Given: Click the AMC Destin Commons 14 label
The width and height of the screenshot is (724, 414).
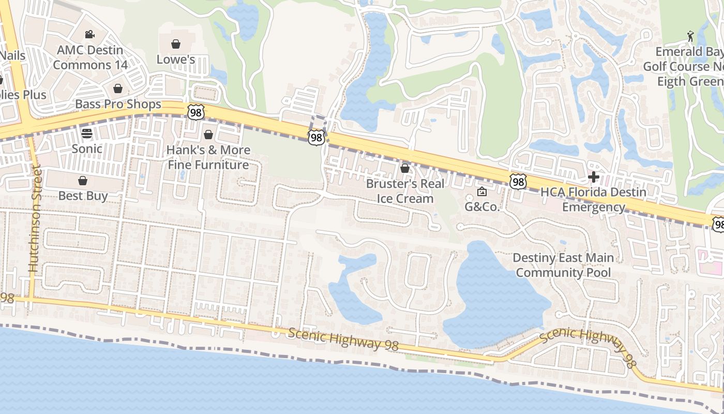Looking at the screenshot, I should pos(90,57).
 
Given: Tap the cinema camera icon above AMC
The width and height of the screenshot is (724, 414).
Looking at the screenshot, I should pos(90,35).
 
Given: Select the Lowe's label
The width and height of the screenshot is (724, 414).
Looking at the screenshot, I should pos(176,60).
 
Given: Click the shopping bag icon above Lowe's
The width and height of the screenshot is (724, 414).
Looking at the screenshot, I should pos(176,44).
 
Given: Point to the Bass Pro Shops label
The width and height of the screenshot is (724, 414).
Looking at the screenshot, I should pos(118,104).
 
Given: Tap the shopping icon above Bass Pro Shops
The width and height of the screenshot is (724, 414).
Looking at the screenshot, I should pos(118,88).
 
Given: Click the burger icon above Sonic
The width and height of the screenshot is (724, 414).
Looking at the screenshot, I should pos(86,134).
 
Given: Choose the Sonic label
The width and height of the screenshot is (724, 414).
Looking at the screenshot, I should pos(86,149).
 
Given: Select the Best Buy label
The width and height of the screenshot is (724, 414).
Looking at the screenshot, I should pos(83,196).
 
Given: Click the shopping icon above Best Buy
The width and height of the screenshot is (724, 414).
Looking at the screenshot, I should pos(82,181).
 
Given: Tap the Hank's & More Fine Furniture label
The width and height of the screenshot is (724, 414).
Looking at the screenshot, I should pos(208,157).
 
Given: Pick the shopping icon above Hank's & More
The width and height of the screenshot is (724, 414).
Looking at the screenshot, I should pos(208,135).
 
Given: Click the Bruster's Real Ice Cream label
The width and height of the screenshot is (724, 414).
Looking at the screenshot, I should pos(405,191).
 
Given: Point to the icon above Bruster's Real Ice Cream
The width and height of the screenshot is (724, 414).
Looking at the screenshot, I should pos(405,168).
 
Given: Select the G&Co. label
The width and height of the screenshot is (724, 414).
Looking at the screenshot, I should pos(482,207).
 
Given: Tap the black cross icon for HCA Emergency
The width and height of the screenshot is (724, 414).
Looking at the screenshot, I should pos(594,178).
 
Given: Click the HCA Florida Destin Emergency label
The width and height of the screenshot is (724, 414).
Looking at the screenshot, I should pos(593,200).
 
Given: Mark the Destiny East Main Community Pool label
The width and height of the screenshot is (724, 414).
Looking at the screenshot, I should pos(563,265).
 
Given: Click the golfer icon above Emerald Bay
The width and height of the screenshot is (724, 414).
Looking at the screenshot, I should pos(690,36).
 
